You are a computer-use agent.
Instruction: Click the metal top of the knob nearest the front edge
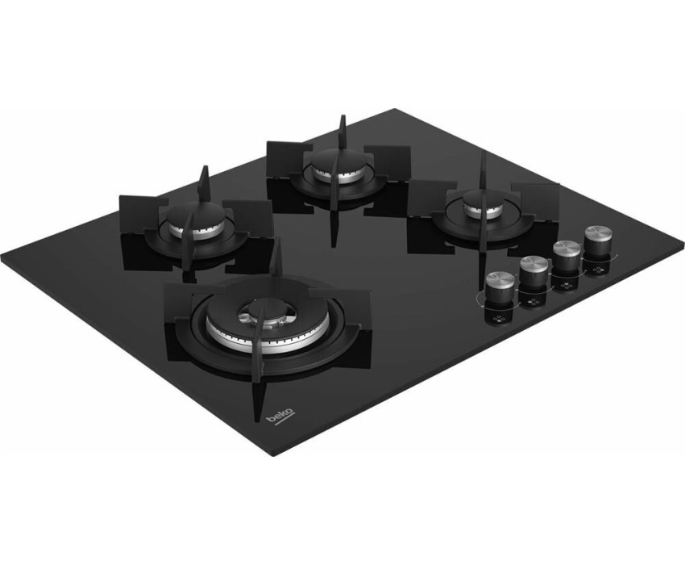tap(500, 279)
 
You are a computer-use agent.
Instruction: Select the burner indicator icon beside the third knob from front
tap(567, 287)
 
